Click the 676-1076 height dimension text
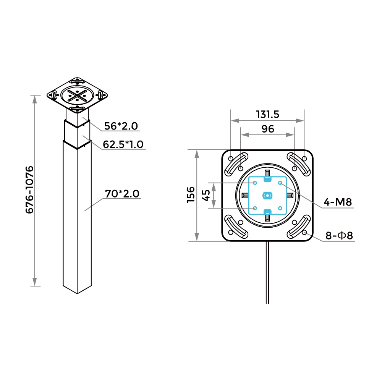29,190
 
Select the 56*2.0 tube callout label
121,126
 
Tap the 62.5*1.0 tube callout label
123,144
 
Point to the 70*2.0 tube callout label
122,194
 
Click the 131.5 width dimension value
267,115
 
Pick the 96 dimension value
268,129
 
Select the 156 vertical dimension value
191,195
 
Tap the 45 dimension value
206,195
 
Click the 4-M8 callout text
338,202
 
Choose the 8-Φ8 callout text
339,236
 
